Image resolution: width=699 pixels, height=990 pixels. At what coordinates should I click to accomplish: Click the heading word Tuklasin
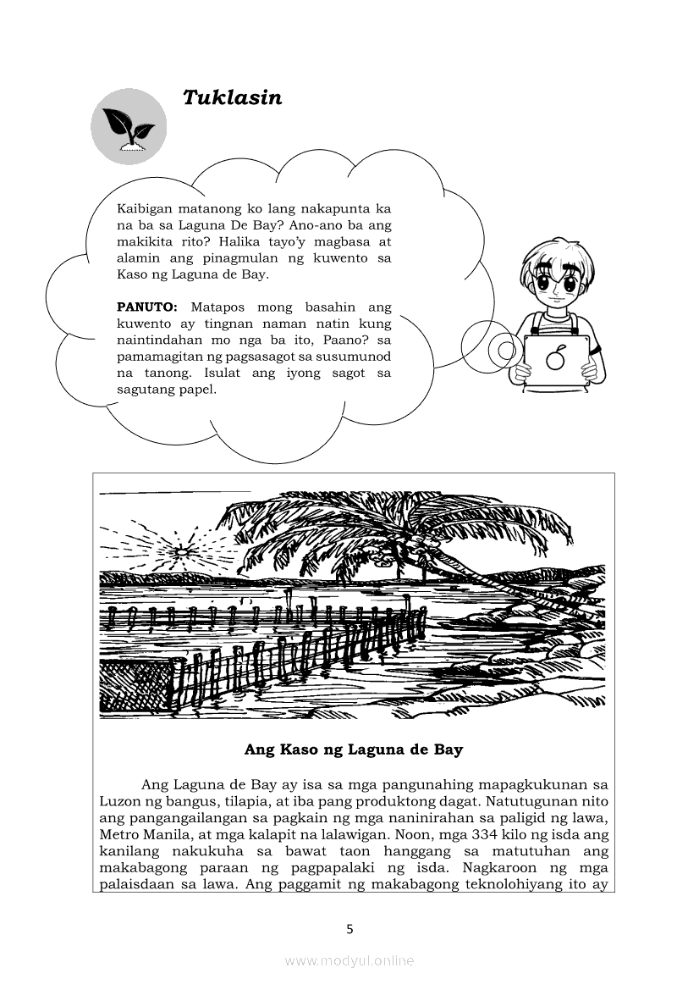click(x=232, y=98)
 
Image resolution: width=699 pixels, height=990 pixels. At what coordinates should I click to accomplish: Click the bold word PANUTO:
click(x=146, y=307)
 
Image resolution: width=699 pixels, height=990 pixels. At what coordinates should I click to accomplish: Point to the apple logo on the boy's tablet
click(x=555, y=358)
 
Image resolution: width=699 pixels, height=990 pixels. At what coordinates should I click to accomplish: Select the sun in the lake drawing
click(x=180, y=550)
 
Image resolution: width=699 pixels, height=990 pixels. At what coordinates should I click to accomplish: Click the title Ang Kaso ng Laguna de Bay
click(x=353, y=750)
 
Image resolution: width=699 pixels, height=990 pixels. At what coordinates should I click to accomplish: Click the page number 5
click(x=349, y=929)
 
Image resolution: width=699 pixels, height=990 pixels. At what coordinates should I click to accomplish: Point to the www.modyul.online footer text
click(x=349, y=960)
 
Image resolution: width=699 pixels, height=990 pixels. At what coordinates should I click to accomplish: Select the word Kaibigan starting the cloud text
click(x=146, y=208)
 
